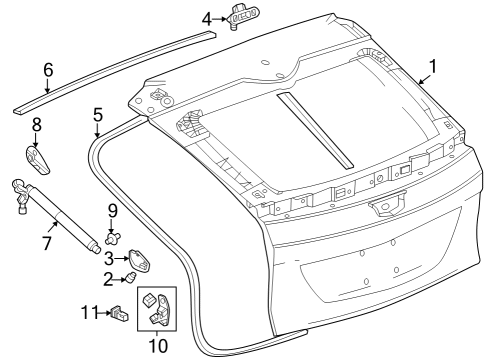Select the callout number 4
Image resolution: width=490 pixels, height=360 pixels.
(207, 18)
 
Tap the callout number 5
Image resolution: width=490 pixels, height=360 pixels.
(98, 114)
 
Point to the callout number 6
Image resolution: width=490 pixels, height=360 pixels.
(47, 69)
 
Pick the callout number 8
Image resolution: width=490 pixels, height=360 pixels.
(36, 125)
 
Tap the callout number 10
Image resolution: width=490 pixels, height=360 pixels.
(156, 347)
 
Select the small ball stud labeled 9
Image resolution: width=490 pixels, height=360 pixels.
(112, 237)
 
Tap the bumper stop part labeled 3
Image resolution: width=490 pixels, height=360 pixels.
(142, 261)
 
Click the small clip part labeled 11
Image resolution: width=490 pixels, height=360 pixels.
(120, 314)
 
